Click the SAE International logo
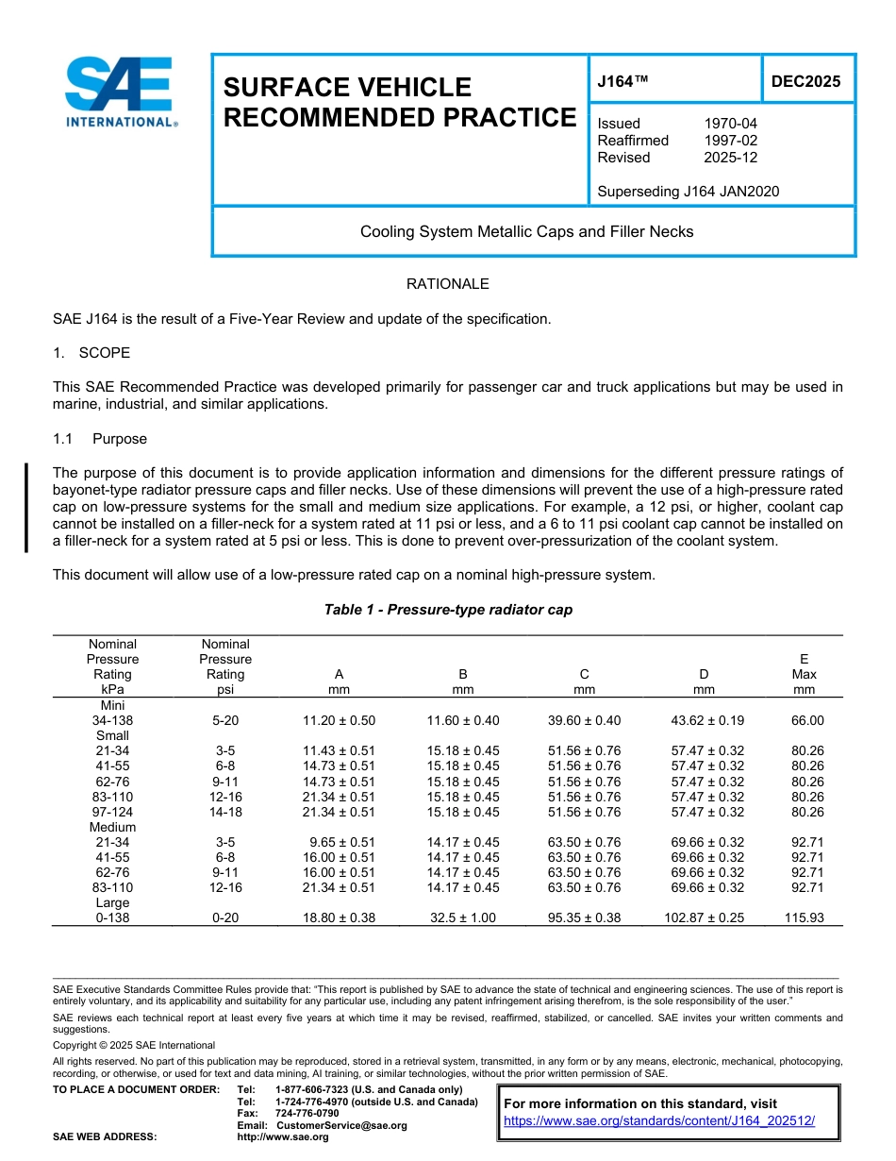[120, 92]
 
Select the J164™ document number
[623, 82]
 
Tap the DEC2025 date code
[805, 82]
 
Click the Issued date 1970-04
[730, 124]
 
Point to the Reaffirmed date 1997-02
[730, 141]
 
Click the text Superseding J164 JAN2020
[689, 192]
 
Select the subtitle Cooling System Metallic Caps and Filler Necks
[526, 231]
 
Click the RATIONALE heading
[447, 284]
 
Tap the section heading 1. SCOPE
[91, 353]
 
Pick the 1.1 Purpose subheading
[99, 439]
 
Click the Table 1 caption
[448, 610]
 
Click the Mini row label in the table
[112, 705]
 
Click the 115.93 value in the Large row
[804, 917]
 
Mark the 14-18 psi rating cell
[225, 812]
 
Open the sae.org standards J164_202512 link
[659, 1121]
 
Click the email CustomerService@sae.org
[341, 1125]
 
